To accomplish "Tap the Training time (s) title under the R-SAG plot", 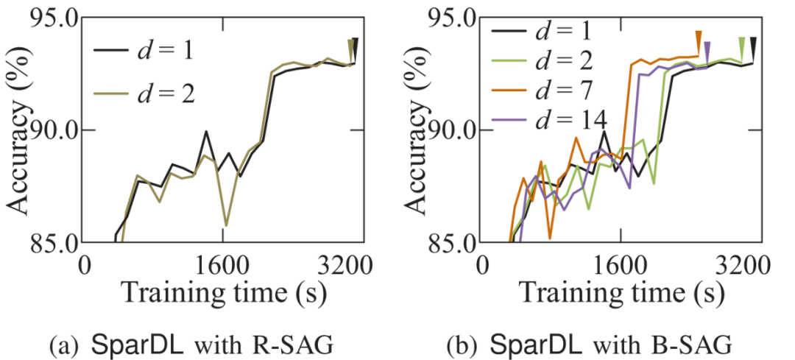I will [219, 292].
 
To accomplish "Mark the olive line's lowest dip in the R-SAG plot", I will [226, 225].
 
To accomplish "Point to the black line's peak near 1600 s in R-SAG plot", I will [206, 132].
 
